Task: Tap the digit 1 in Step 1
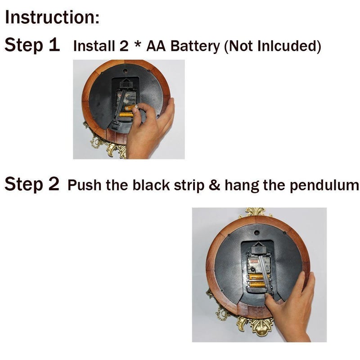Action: point(54,45)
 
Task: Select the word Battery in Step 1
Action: point(195,46)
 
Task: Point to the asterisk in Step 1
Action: point(138,44)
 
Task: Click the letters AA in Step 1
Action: point(156,46)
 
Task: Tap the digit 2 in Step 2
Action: point(54,184)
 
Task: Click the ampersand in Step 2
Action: point(215,185)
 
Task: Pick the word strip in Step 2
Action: point(189,185)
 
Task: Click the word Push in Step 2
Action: point(84,185)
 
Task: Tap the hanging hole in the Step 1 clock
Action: point(125,71)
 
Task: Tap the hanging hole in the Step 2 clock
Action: point(257,233)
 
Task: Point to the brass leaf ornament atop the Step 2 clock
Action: point(256,212)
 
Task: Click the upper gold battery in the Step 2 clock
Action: point(257,276)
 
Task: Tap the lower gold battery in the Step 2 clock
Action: point(257,285)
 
